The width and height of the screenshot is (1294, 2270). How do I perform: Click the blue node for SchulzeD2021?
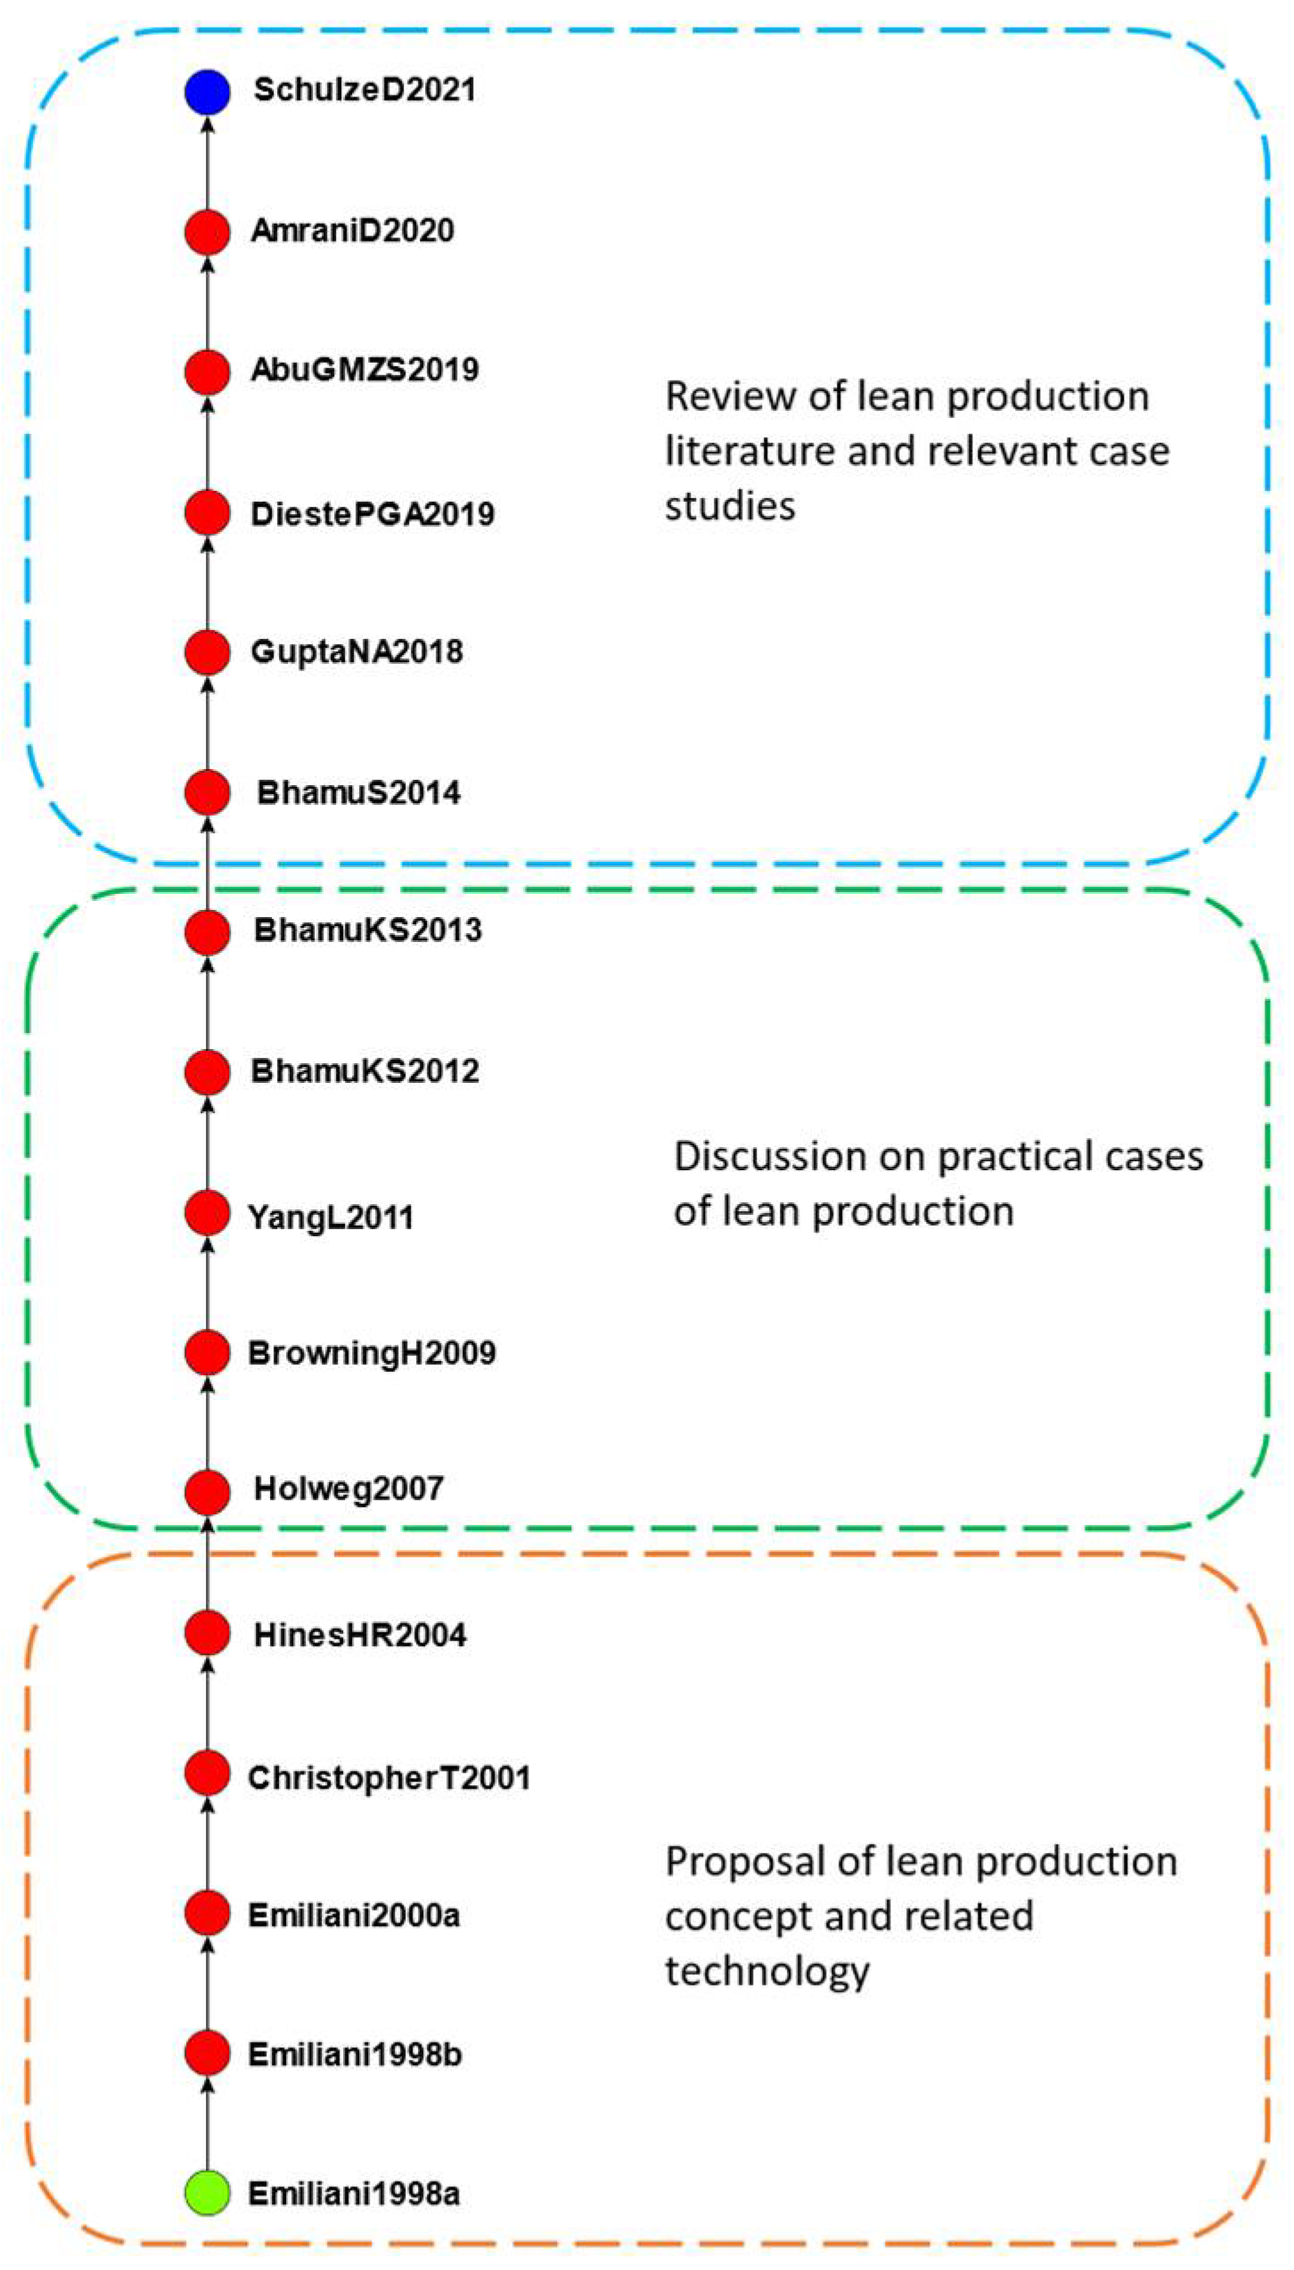[208, 92]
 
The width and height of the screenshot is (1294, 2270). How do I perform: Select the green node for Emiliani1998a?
[208, 2193]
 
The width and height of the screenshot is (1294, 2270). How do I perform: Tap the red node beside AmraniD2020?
[208, 232]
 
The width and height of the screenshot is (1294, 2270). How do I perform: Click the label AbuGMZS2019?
[364, 370]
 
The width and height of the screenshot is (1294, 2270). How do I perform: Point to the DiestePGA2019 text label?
[373, 514]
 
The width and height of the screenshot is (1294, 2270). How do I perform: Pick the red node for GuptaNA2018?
[208, 652]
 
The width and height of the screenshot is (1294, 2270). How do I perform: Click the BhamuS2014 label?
[358, 792]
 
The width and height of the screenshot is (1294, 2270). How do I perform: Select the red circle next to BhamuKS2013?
[208, 932]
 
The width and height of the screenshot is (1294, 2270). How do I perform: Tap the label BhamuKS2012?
[364, 1070]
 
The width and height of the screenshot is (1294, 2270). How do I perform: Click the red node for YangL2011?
[208, 1213]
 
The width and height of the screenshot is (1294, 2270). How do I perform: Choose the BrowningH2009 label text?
[372, 1353]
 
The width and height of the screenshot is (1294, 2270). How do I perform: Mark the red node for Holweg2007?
[208, 1492]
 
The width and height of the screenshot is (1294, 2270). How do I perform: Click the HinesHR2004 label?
[360, 1635]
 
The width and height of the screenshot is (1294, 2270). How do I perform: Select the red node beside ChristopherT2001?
[208, 1774]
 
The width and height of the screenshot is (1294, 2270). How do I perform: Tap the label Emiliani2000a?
[354, 1914]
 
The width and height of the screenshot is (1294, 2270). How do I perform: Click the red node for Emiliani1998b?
[208, 2053]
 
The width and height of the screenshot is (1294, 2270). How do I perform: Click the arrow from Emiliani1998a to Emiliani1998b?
[208, 2126]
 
